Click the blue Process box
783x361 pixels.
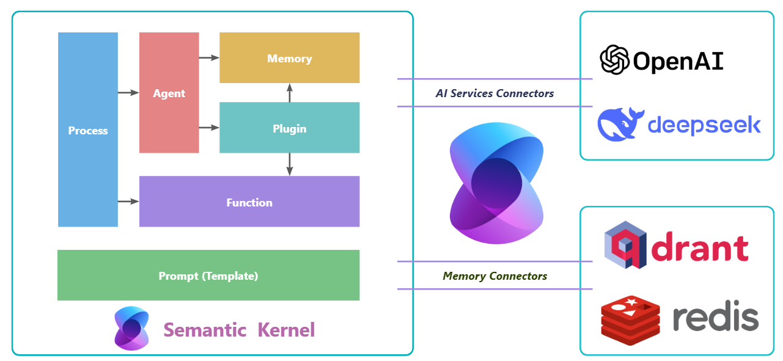88,129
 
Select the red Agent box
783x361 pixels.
169,93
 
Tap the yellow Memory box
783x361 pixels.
289,58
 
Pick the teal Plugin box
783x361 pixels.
289,128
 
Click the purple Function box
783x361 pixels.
249,202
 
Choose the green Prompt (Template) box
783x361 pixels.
208,275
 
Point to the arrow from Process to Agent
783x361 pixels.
128,93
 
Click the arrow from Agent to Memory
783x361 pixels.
209,58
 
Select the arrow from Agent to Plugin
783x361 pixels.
209,128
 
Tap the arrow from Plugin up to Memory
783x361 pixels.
289,93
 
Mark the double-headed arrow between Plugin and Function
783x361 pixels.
289,164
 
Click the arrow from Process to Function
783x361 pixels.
128,201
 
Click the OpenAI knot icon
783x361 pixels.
614,59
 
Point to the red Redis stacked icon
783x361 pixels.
630,318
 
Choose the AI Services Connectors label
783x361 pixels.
494,93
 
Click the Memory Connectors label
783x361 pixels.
494,276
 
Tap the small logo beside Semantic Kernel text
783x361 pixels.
131,329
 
